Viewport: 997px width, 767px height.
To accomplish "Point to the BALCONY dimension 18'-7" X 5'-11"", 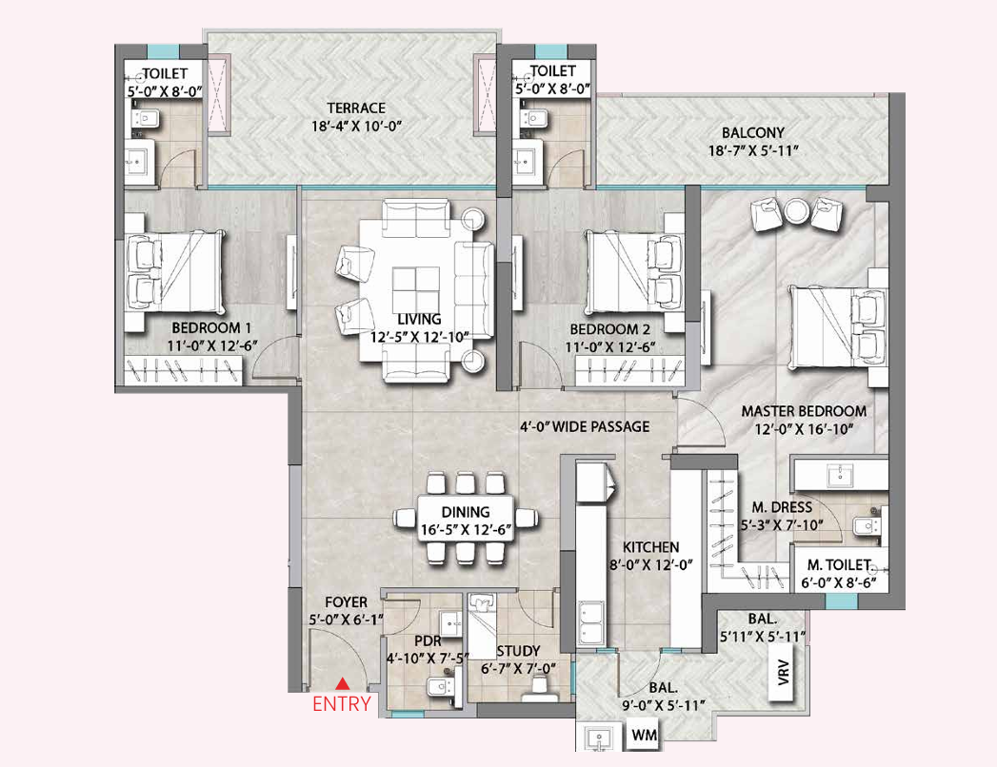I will pos(752,151).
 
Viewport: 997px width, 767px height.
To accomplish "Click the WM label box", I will pos(647,737).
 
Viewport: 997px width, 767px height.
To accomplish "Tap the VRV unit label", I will pos(783,675).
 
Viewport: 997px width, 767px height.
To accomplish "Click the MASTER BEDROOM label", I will pos(804,411).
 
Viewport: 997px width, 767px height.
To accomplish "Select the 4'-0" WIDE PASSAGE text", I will pos(585,426).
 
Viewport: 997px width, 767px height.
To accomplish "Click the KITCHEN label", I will pos(651,547).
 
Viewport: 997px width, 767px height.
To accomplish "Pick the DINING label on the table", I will pos(466,513).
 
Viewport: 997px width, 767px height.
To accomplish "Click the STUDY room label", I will pos(518,651).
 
